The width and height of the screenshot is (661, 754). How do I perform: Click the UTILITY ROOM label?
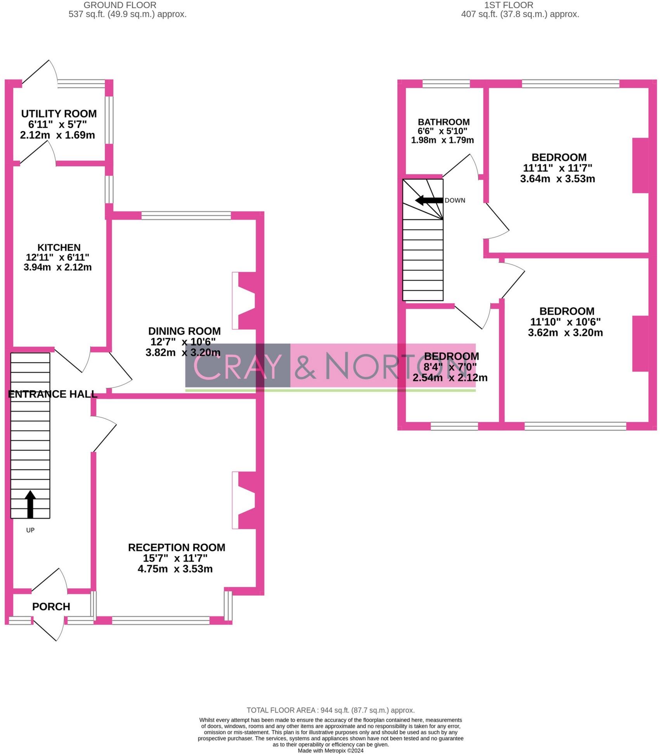(x=59, y=114)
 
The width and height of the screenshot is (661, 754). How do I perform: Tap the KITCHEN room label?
(x=59, y=247)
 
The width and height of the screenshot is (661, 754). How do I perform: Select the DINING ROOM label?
(x=184, y=331)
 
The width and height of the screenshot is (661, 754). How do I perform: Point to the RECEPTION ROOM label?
(x=176, y=547)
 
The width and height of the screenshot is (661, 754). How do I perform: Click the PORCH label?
(x=51, y=607)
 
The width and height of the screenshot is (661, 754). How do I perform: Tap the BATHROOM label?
(x=444, y=122)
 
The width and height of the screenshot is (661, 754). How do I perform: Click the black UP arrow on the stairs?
(x=30, y=504)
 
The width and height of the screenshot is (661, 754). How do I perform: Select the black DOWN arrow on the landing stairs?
(x=429, y=201)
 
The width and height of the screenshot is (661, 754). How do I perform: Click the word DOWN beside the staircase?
(x=455, y=201)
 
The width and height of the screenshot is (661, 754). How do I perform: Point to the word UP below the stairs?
(x=30, y=530)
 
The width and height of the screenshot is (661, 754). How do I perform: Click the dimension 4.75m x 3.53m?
(x=175, y=569)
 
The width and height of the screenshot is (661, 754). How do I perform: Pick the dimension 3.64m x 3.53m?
(x=557, y=179)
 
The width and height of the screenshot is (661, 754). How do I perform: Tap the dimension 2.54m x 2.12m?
(x=450, y=377)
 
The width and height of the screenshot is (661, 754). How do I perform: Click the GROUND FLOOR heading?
(x=120, y=5)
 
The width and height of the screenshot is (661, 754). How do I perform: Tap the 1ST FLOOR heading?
(x=509, y=5)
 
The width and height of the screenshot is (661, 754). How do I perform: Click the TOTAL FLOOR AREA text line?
(x=330, y=710)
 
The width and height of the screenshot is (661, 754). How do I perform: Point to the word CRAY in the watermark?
(x=237, y=366)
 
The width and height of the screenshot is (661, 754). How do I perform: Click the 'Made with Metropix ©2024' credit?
(x=330, y=751)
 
